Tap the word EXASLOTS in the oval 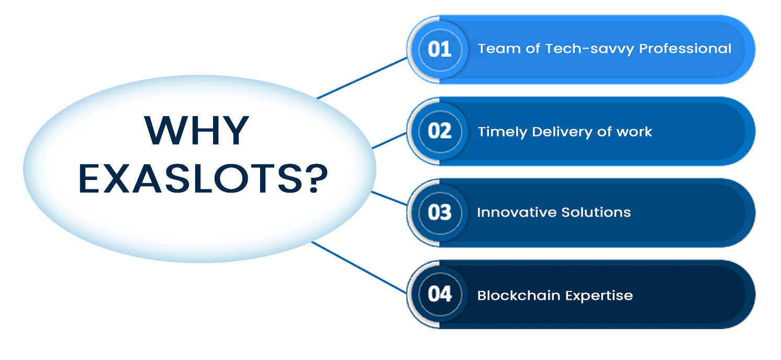coord(191,179)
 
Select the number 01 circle coord(440,50)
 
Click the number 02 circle coord(440,131)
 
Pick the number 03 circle coord(440,212)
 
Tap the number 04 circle coord(440,295)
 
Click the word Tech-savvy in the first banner coord(589,49)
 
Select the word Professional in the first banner coord(685,49)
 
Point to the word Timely coord(503,132)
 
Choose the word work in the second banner coord(634,132)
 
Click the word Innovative coord(517,212)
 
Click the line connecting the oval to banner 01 coord(362,78)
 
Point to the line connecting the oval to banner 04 coord(359,267)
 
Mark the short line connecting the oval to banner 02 coord(389,140)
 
